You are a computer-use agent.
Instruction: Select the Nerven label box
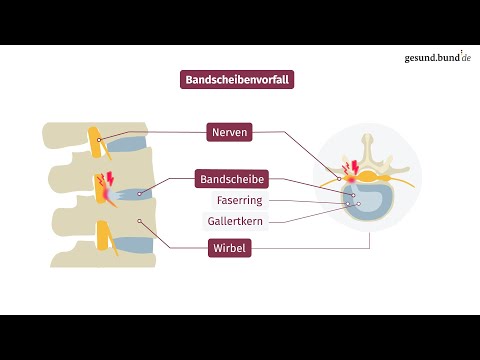point(230,131)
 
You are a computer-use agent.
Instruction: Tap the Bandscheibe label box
point(233,180)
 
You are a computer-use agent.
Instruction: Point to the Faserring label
point(233,200)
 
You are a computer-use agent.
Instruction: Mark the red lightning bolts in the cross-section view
point(351,166)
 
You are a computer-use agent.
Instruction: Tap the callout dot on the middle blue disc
point(139,192)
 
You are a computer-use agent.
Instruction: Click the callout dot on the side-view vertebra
point(140,221)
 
